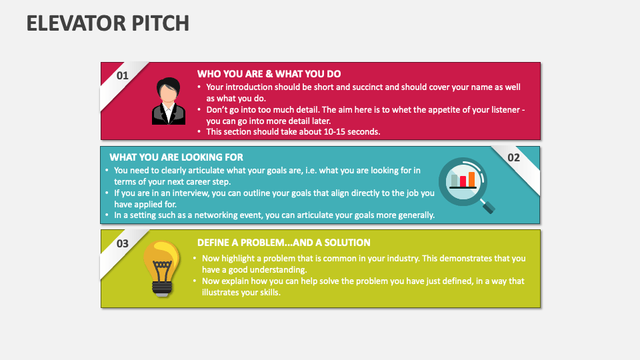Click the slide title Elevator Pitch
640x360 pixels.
click(x=108, y=23)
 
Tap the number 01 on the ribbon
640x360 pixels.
click(x=123, y=75)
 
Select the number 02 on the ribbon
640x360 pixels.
click(x=513, y=158)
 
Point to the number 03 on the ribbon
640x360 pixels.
click(x=123, y=243)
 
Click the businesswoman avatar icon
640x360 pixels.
click(x=168, y=101)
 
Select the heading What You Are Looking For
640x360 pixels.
click(x=176, y=157)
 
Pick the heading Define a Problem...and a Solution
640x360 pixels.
click(x=283, y=243)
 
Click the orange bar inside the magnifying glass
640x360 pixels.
click(x=472, y=179)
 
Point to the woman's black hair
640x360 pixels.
click(x=169, y=85)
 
